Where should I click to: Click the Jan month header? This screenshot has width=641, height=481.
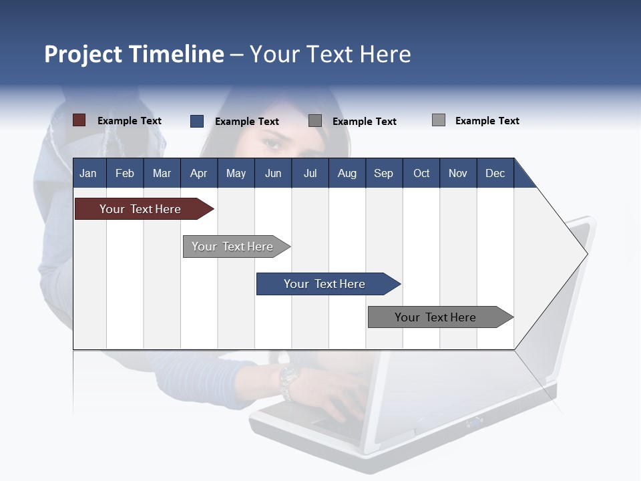pyautogui.click(x=88, y=174)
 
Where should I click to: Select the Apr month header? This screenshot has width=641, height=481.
pyautogui.click(x=198, y=174)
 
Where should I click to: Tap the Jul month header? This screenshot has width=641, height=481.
pyautogui.click(x=310, y=174)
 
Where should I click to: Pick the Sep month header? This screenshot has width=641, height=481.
pyautogui.click(x=383, y=174)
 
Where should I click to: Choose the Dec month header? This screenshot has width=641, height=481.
pyautogui.click(x=495, y=174)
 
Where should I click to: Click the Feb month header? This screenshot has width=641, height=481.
pyautogui.click(x=125, y=174)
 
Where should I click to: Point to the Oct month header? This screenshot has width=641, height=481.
pyautogui.click(x=421, y=174)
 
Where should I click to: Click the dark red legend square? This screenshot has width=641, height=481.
pyautogui.click(x=79, y=120)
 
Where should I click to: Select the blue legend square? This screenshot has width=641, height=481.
pyautogui.click(x=197, y=121)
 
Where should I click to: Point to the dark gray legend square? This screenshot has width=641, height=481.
pyautogui.click(x=315, y=121)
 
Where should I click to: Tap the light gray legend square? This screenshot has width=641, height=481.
pyautogui.click(x=439, y=120)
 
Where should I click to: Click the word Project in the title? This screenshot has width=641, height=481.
pyautogui.click(x=83, y=54)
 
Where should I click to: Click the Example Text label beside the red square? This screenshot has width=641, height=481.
pyautogui.click(x=130, y=121)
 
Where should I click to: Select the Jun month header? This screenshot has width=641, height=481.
pyautogui.click(x=273, y=174)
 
